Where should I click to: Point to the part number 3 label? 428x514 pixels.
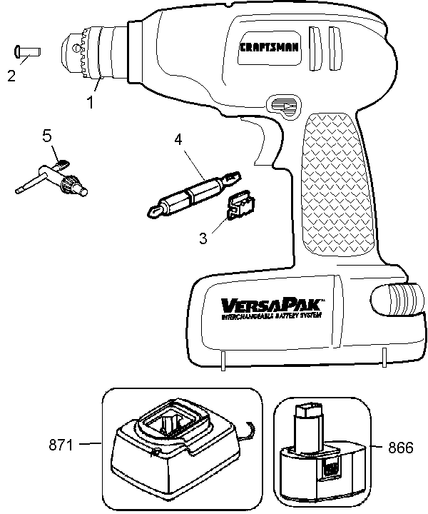click(x=204, y=238)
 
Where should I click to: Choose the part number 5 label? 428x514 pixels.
click(x=46, y=135)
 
